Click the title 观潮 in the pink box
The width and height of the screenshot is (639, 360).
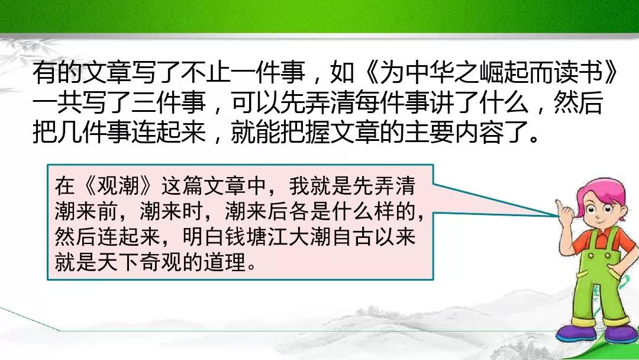pyautogui.click(x=118, y=186)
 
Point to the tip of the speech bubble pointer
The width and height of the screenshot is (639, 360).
pyautogui.click(x=557, y=215)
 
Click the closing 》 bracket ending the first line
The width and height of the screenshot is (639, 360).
pyautogui.click(x=611, y=73)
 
